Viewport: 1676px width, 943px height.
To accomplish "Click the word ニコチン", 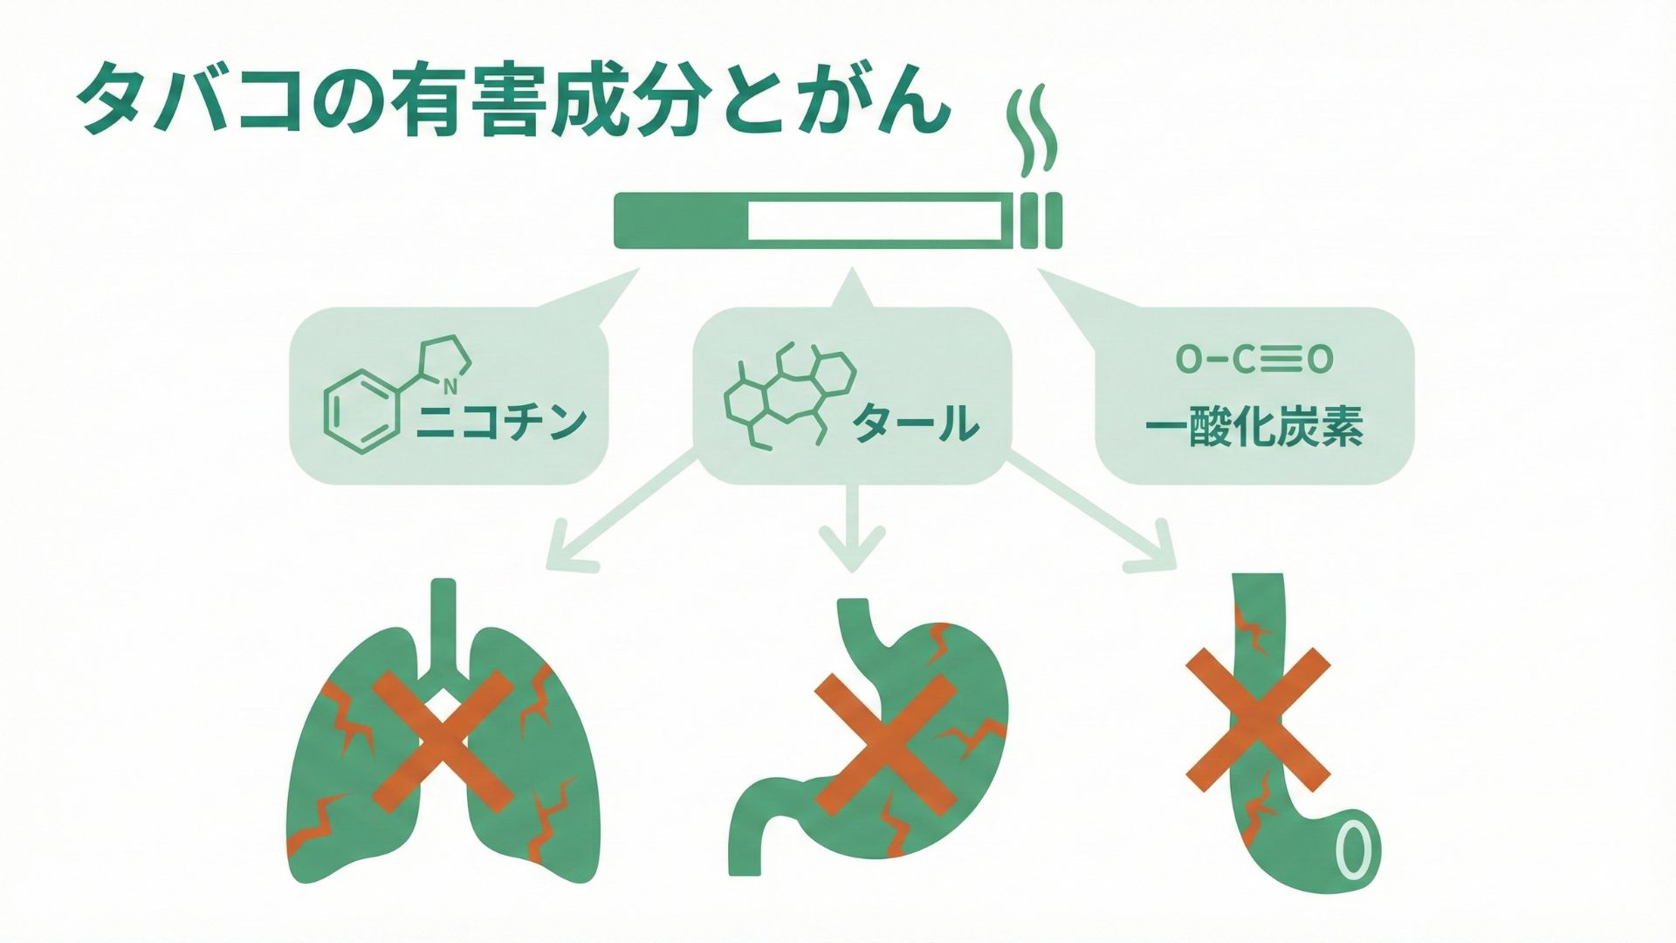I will [500, 422].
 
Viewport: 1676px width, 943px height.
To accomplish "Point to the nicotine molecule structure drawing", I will [393, 393].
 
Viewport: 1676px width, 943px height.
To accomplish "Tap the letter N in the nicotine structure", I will [450, 387].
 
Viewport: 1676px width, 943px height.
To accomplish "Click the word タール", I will [916, 423].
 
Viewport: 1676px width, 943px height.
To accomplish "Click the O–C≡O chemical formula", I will [1254, 359].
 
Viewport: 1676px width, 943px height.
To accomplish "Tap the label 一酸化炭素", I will [1254, 428].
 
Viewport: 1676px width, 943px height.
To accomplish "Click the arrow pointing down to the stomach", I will [852, 528].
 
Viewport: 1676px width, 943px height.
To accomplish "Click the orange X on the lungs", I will [443, 741].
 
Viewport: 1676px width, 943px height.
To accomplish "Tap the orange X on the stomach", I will [885, 743].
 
